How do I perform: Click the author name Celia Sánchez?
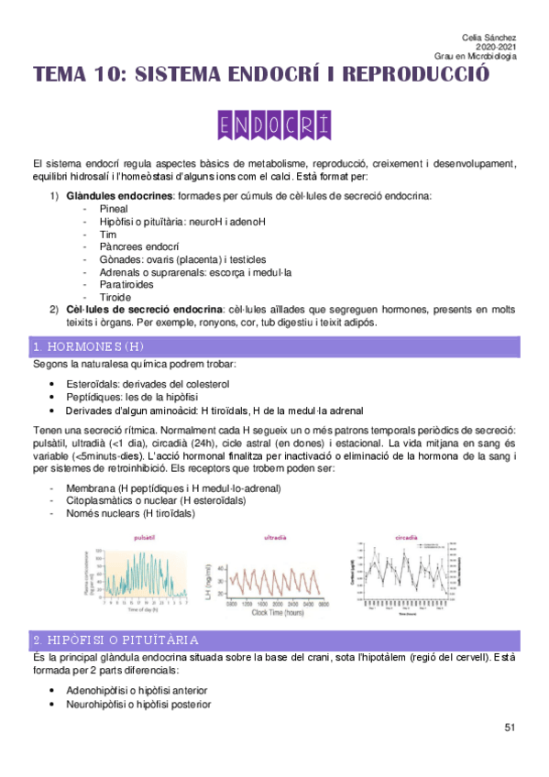click(x=489, y=36)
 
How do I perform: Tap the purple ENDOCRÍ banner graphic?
click(x=274, y=125)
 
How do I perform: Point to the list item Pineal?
click(x=112, y=208)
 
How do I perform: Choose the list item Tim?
click(x=105, y=234)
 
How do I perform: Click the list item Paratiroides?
click(x=124, y=285)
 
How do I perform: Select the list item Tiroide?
click(x=114, y=298)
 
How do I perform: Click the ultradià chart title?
click(x=275, y=537)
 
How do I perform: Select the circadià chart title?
click(x=406, y=537)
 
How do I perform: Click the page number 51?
click(x=511, y=728)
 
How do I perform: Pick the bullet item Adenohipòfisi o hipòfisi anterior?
click(x=137, y=690)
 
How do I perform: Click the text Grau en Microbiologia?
click(x=476, y=56)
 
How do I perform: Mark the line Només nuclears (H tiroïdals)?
click(x=130, y=514)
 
